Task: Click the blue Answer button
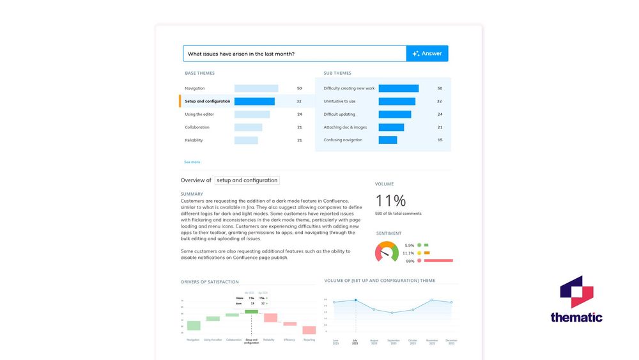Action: coord(427,54)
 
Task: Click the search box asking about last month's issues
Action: coord(294,54)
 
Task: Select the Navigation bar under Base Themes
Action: coord(256,88)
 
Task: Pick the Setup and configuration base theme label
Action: coord(207,101)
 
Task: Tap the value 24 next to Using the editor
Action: coord(299,114)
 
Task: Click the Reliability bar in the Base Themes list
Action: coord(246,140)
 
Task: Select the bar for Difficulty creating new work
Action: coord(398,88)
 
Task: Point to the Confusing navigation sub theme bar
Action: coord(387,140)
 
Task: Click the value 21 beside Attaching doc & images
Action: coord(440,127)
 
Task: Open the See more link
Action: coord(192,162)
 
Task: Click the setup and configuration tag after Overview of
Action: coord(247,180)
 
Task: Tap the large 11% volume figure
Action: coord(390,200)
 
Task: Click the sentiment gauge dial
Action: coord(387,253)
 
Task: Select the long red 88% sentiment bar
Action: coord(438,261)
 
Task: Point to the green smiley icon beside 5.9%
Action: coord(419,245)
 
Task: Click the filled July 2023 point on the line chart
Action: coord(355,301)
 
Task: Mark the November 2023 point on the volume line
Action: coord(431,300)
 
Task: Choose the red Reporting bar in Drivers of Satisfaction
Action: coord(309,330)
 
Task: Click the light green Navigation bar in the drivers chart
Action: coord(194,325)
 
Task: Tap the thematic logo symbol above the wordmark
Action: coord(576,292)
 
